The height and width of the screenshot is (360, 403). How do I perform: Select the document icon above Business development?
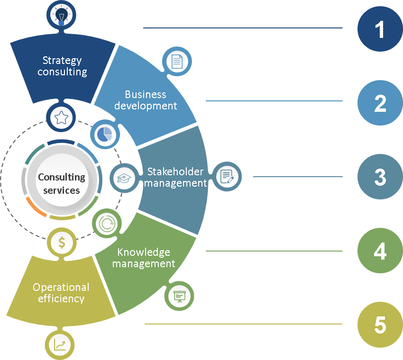click(177, 62)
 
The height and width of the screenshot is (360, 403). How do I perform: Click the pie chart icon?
click(104, 135)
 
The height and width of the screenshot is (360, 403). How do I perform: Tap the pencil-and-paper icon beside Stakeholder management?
click(227, 177)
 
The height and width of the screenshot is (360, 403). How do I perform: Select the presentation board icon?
click(179, 297)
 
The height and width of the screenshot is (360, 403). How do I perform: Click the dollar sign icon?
click(62, 243)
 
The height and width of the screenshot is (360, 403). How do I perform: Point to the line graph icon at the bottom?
click(61, 344)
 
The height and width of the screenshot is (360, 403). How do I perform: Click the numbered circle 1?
click(380, 29)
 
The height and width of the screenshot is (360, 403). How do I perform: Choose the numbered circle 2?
click(380, 103)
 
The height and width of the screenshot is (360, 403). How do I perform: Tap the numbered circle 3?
click(380, 177)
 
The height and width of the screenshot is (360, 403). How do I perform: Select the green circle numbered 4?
click(380, 252)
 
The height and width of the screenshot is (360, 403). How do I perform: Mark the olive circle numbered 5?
click(380, 325)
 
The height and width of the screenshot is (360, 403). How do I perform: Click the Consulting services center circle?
click(62, 183)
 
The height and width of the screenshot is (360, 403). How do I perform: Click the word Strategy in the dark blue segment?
click(62, 61)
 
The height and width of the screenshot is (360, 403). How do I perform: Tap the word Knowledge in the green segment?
click(144, 252)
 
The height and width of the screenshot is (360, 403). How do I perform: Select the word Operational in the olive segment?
click(61, 287)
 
